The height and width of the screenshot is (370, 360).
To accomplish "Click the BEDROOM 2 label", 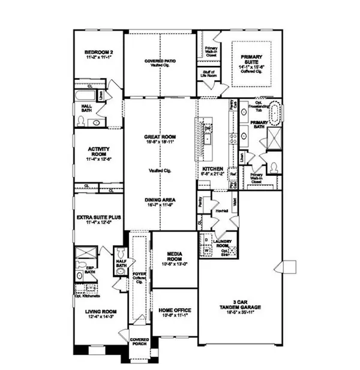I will (95, 52).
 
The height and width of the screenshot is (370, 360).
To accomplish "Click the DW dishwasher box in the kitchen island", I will (206, 128).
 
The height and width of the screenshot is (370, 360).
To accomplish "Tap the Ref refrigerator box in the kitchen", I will (233, 175).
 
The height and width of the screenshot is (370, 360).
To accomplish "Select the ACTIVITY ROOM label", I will (97, 153).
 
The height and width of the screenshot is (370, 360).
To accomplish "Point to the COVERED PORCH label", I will (140, 342).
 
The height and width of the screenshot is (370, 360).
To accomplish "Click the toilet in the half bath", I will (119, 251).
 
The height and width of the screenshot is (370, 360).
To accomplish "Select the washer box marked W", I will (206, 251).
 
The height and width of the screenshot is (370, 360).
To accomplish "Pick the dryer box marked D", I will (206, 239).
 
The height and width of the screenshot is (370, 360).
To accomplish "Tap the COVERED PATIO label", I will (160, 63).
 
